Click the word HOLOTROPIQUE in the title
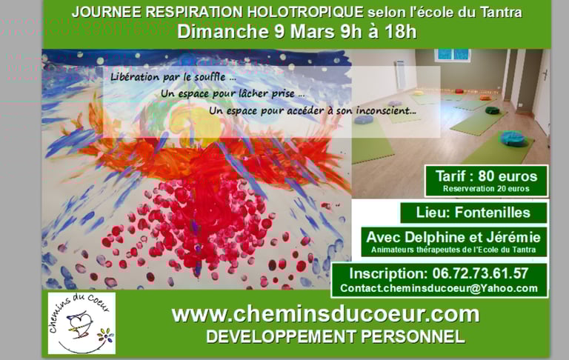tap(305, 12)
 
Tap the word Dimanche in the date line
tap(222, 31)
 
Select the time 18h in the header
tap(401, 31)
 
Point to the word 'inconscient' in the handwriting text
tap(385, 110)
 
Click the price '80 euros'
tap(508, 176)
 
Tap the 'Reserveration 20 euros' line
tap(486, 189)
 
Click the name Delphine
tap(436, 238)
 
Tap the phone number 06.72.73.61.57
tap(480, 273)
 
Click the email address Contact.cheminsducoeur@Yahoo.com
tap(439, 288)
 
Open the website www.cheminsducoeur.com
tap(325, 315)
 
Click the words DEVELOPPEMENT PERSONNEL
tap(336, 336)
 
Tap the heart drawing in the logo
tap(81, 321)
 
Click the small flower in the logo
tap(105, 335)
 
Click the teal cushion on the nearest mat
tap(513, 139)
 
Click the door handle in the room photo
tap(545, 75)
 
